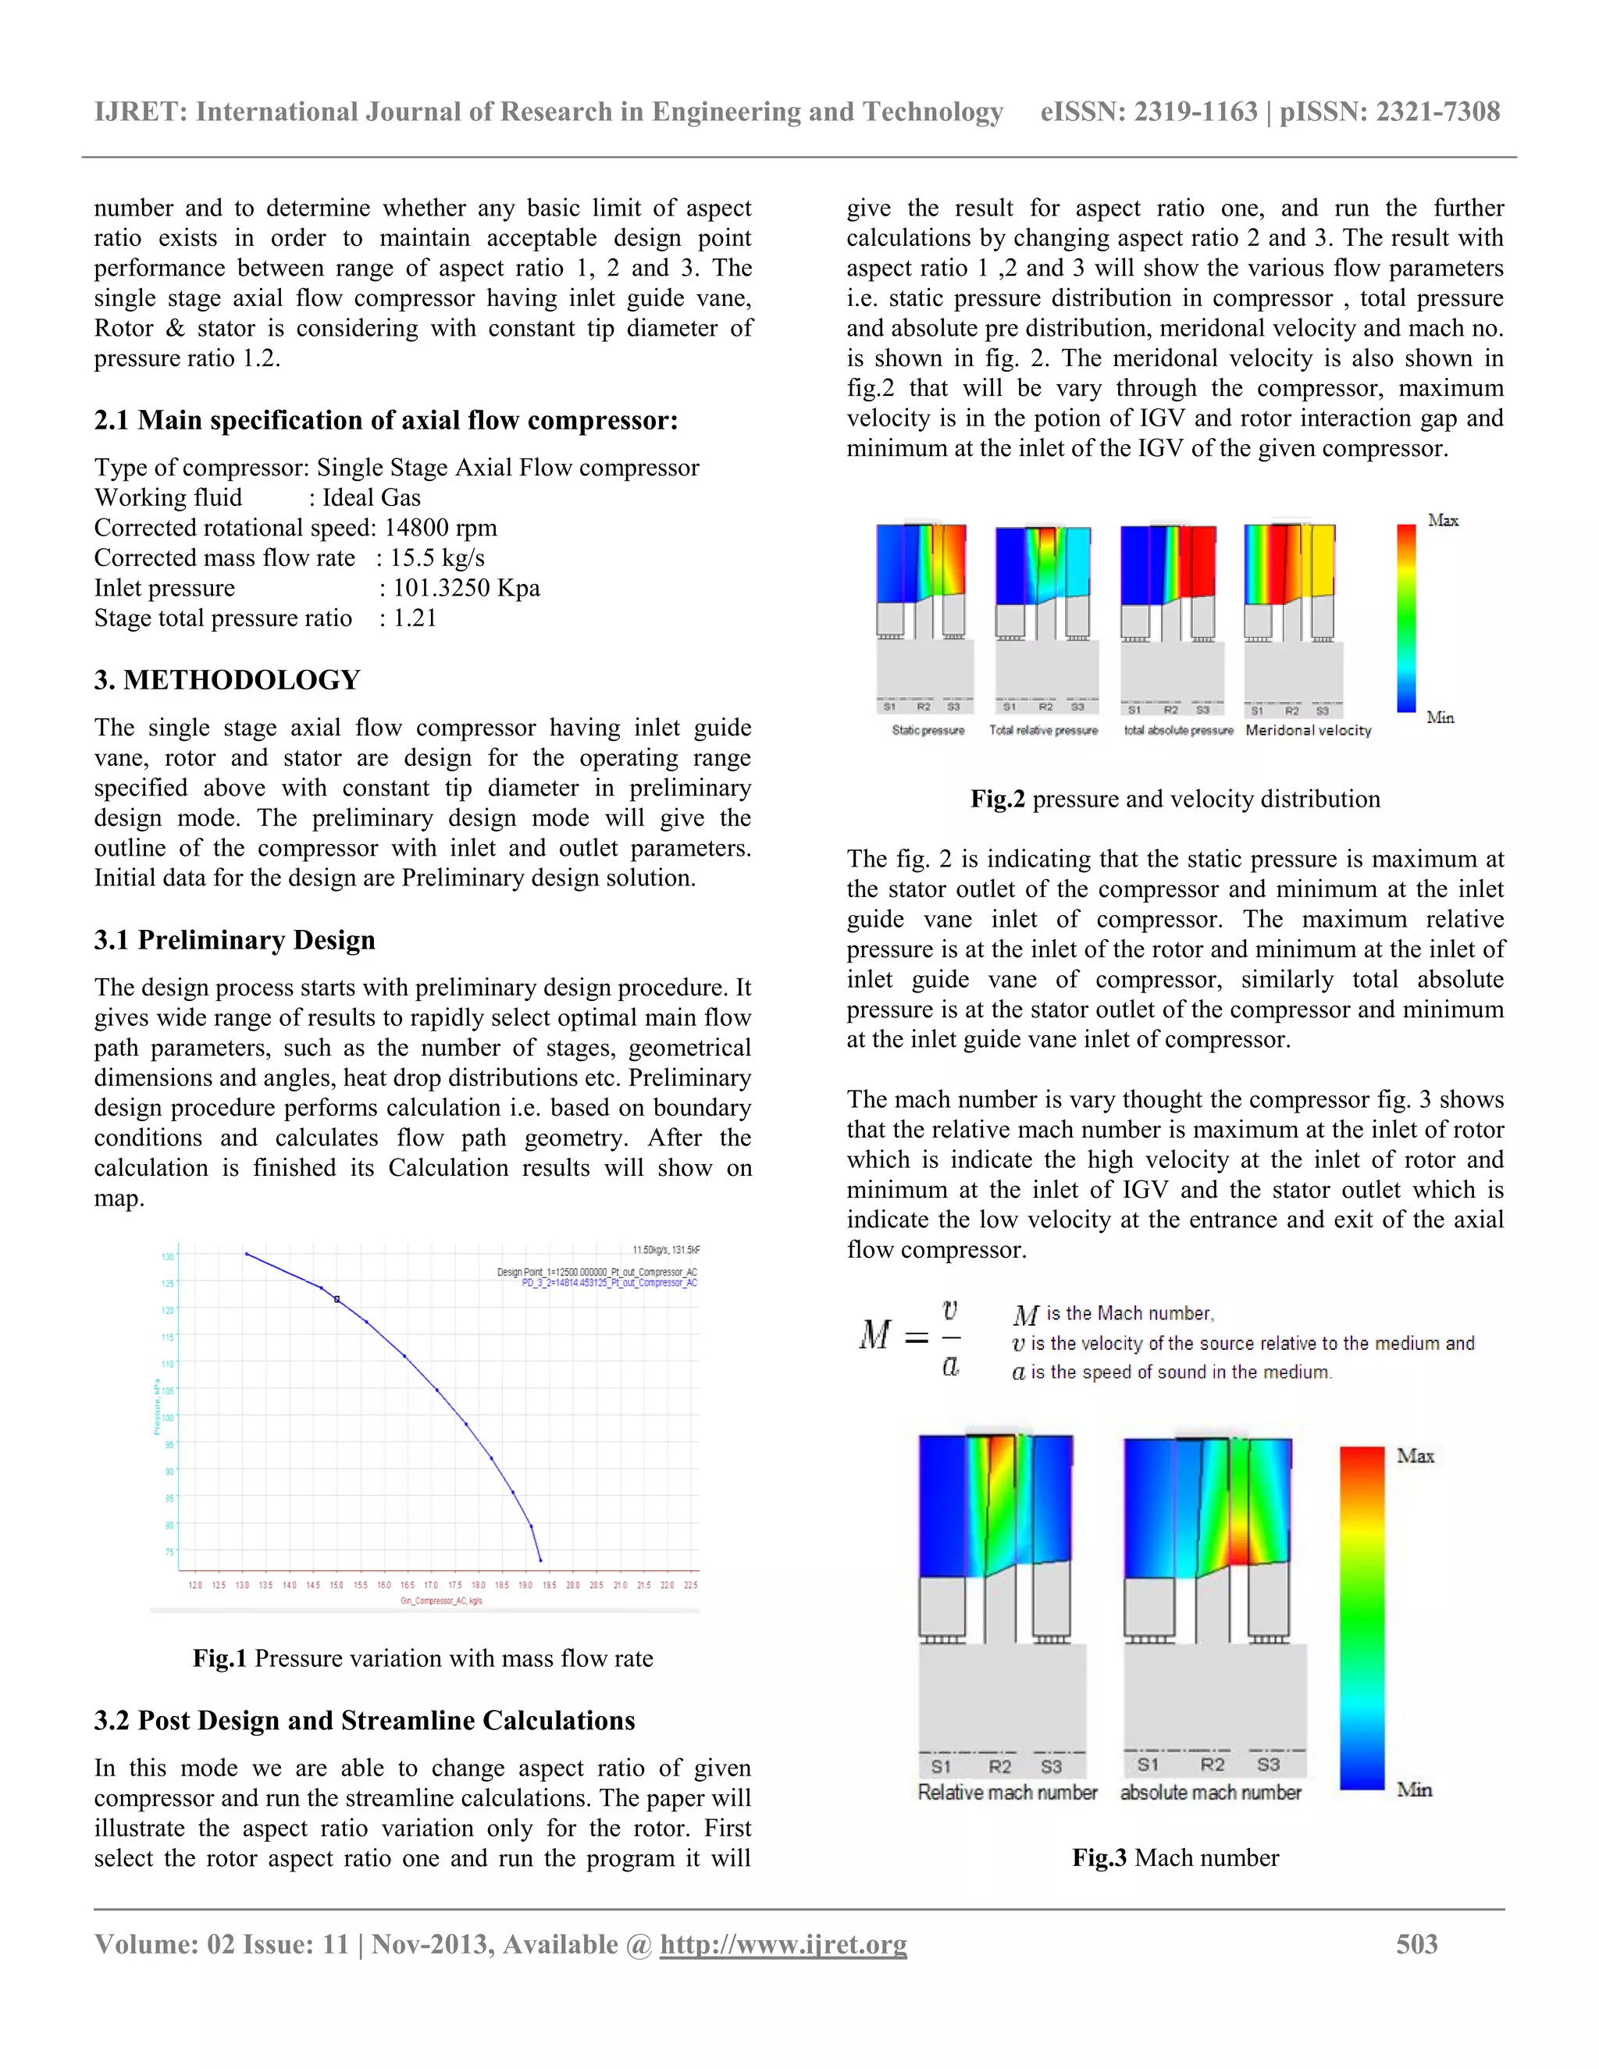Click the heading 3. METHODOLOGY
click(x=226, y=680)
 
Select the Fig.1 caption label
click(x=219, y=1658)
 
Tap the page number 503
click(x=1416, y=1944)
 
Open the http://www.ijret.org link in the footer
click(x=782, y=1944)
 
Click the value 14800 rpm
click(x=440, y=528)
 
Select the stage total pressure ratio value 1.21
click(x=415, y=618)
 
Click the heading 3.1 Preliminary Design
click(x=234, y=940)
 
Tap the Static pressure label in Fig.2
click(x=928, y=731)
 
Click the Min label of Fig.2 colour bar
click(x=1440, y=718)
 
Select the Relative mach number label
click(x=1007, y=1793)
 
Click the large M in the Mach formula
click(x=874, y=1336)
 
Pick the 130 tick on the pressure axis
click(x=168, y=1256)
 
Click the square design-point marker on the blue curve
click(x=337, y=1299)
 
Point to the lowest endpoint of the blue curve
click(x=541, y=1560)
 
